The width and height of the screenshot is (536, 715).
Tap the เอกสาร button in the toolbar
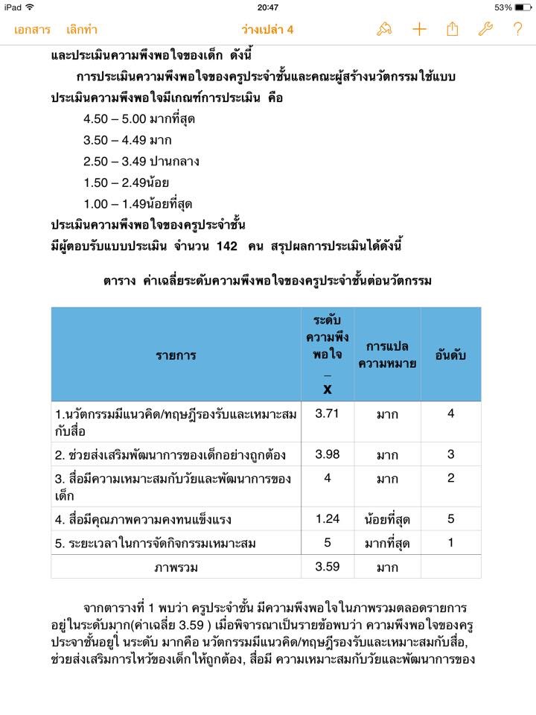(32, 30)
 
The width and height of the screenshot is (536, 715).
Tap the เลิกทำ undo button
(81, 30)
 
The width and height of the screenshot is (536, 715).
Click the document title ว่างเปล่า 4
(268, 30)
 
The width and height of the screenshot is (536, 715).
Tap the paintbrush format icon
(384, 29)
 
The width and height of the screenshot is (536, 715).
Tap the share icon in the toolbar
(452, 29)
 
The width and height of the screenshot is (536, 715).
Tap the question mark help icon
(517, 29)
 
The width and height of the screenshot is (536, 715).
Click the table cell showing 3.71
(328, 414)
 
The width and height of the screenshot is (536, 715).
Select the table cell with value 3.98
(328, 454)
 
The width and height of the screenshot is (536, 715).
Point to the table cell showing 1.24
(328, 518)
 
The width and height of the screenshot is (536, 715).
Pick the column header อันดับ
(450, 355)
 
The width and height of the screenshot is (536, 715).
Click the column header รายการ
(176, 355)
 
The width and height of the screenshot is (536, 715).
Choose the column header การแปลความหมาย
(387, 355)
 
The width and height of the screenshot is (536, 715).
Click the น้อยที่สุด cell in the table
(387, 519)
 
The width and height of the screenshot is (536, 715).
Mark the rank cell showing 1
(450, 543)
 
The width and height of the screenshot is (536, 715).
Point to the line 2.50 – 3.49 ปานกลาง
(141, 161)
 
